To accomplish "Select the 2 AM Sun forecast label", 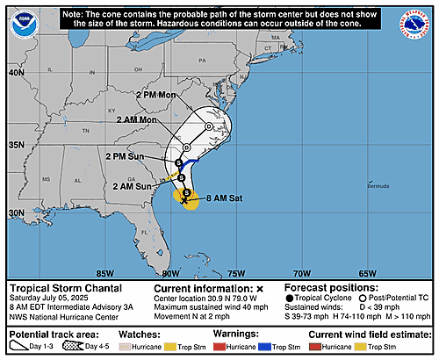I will point(133,186).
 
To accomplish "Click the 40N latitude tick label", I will point(16,73).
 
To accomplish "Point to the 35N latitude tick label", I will point(16,143).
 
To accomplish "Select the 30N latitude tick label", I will point(16,212).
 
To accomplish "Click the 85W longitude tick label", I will point(106,272).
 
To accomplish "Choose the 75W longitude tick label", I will point(236,272).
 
